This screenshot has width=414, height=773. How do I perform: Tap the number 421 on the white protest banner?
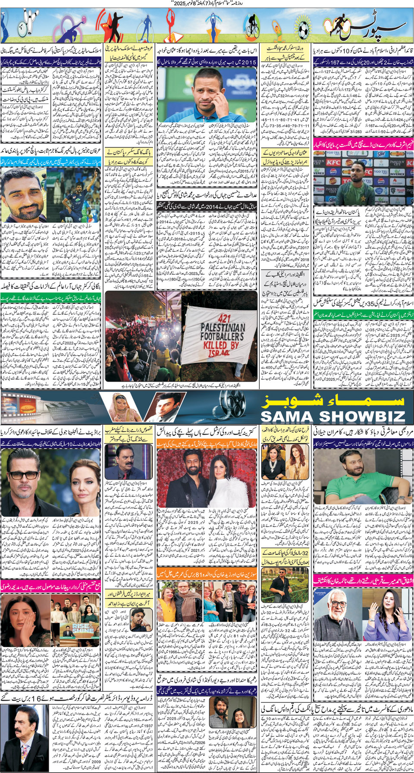pyautogui.click(x=224, y=319)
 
